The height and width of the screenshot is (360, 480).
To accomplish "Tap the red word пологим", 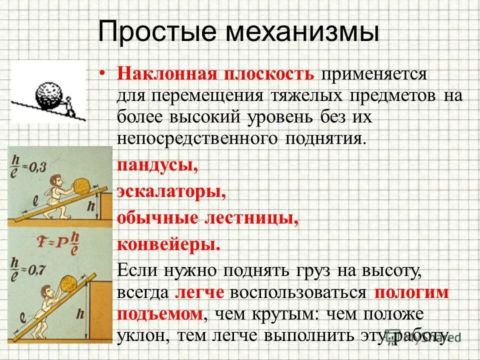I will tap(411, 292).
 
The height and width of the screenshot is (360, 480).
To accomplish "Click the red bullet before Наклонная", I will tap(102, 74).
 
